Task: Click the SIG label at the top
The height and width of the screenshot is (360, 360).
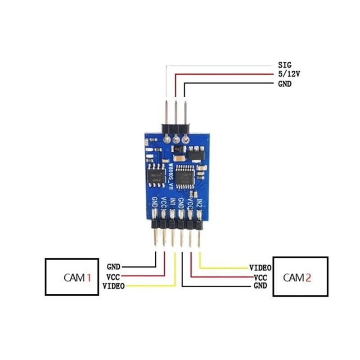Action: click(285, 66)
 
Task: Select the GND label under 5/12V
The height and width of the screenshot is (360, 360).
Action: click(285, 84)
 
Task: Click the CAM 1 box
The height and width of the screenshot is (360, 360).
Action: click(72, 277)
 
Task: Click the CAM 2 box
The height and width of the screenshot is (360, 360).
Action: click(301, 277)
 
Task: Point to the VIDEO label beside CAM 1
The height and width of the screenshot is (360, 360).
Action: click(114, 286)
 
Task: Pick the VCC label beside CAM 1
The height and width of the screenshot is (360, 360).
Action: click(113, 276)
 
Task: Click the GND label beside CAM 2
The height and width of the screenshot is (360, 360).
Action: click(261, 286)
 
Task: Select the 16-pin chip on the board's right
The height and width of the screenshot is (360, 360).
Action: click(186, 175)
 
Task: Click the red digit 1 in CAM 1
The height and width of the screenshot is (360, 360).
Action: click(89, 278)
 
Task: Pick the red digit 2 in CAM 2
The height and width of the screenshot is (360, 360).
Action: click(308, 277)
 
